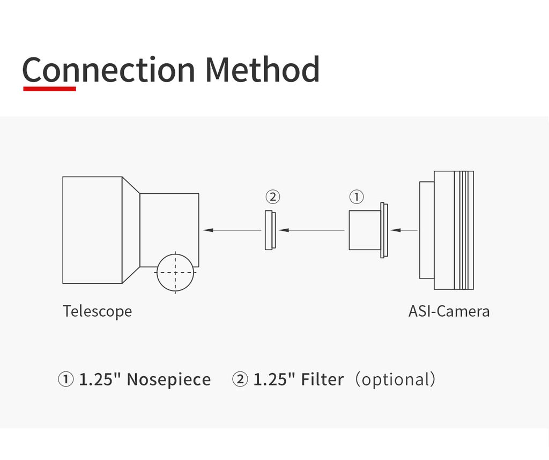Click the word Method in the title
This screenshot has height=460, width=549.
point(262,70)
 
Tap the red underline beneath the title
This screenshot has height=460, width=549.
point(49,89)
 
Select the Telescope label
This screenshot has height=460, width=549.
point(97,311)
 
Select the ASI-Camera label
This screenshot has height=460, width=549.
point(449,311)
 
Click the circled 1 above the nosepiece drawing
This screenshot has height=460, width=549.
point(357,197)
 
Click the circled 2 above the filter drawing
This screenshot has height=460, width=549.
point(273,197)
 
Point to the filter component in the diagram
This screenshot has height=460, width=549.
point(270,230)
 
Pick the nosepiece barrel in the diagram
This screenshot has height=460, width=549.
point(365,230)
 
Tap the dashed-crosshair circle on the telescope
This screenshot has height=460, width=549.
point(175,273)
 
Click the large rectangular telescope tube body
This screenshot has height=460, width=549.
point(92,230)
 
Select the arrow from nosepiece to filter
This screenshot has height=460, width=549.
point(311,230)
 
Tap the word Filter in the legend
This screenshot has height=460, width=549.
point(322,379)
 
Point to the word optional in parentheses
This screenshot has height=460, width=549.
point(396,379)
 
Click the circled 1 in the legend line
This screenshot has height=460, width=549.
point(65,379)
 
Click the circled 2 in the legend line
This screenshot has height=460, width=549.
point(240,379)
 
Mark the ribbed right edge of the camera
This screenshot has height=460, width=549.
point(464,230)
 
